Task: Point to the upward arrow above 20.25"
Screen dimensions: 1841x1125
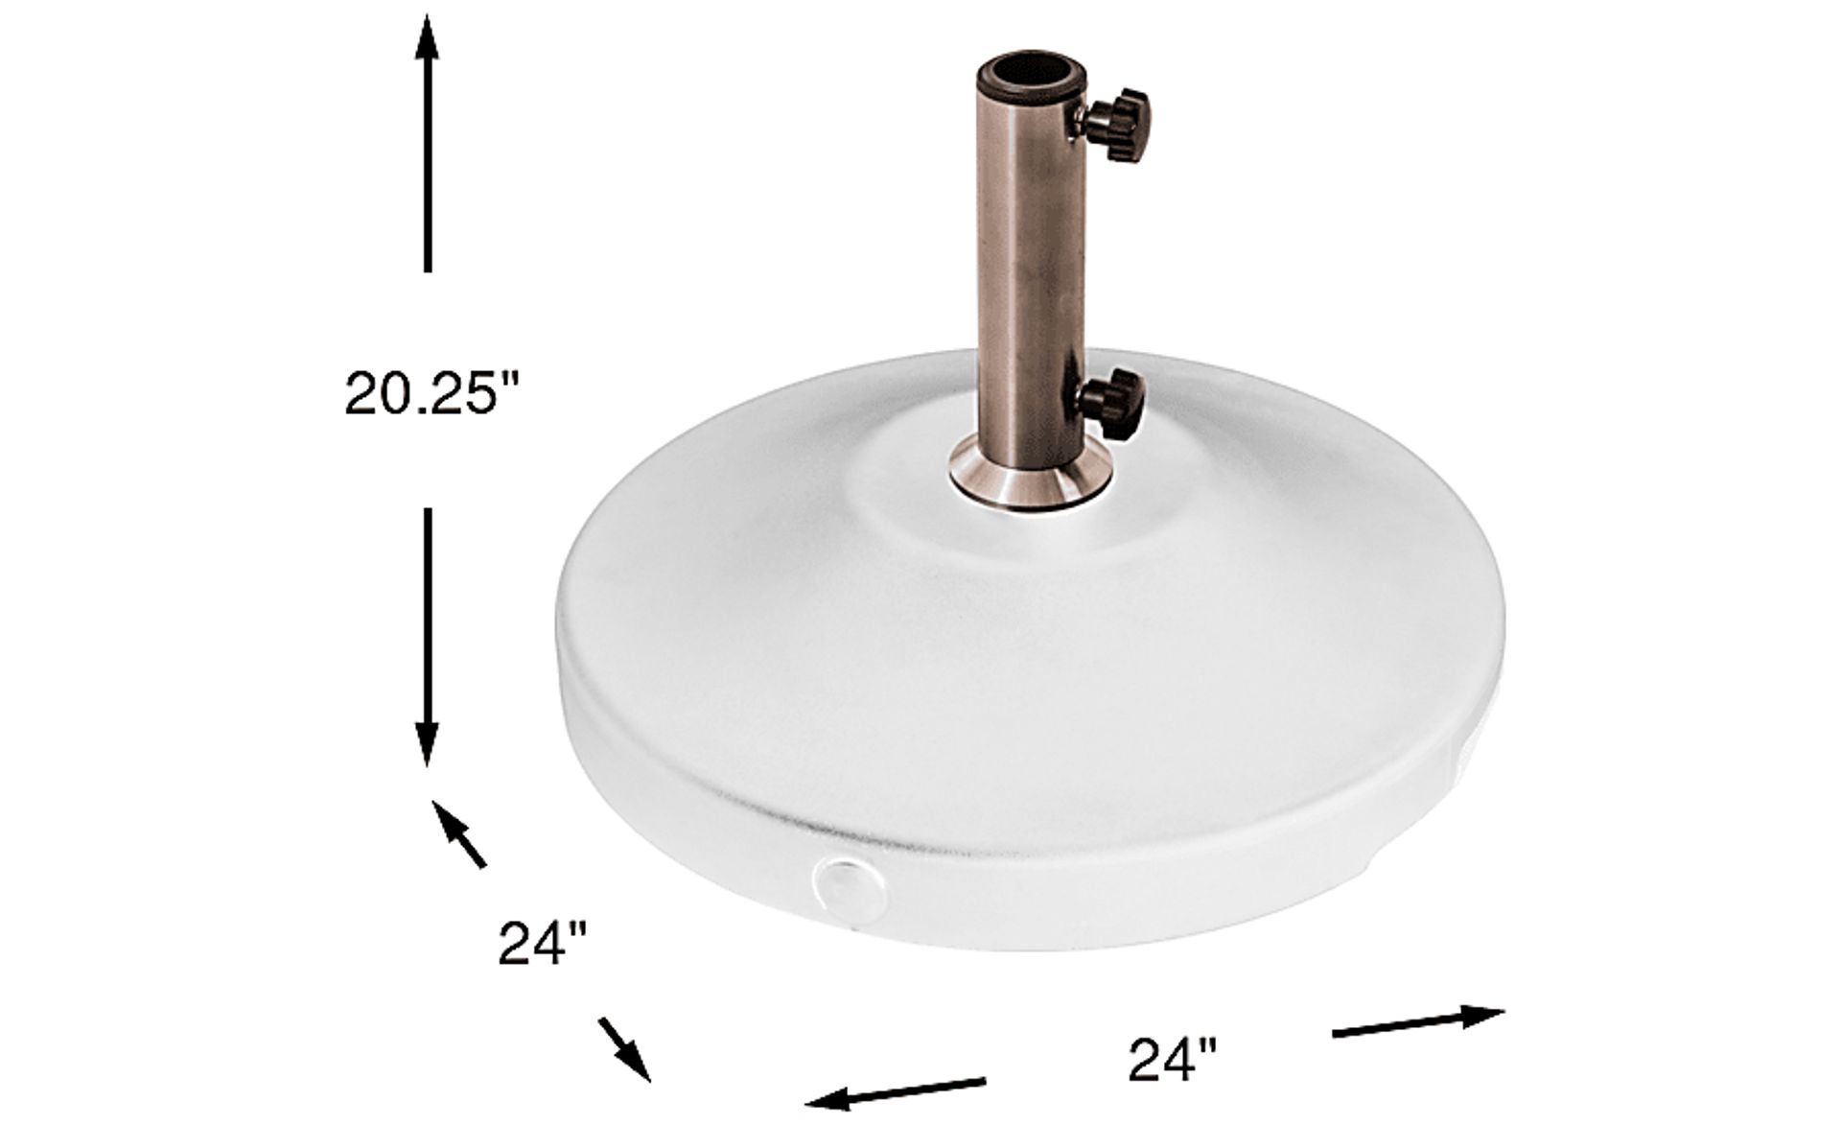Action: tap(427, 145)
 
